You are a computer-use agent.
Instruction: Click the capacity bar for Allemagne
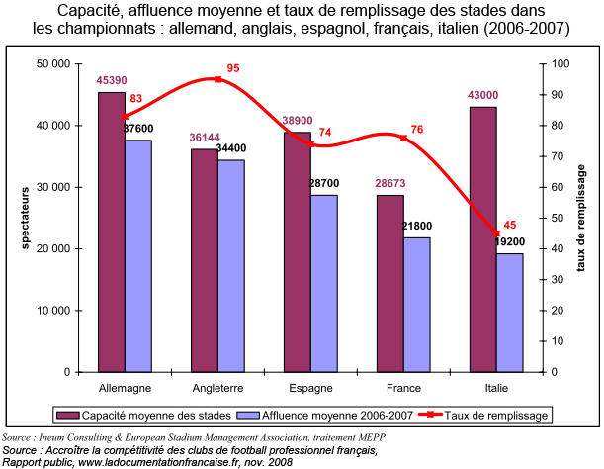click(111, 232)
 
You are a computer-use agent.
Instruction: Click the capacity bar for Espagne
click(297, 251)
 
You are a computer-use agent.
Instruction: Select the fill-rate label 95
click(233, 68)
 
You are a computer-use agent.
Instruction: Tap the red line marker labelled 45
click(496, 234)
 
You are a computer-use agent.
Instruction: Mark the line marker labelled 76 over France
click(403, 138)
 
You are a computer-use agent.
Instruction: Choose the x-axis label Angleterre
click(217, 387)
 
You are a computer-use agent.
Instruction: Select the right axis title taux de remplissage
click(581, 218)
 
